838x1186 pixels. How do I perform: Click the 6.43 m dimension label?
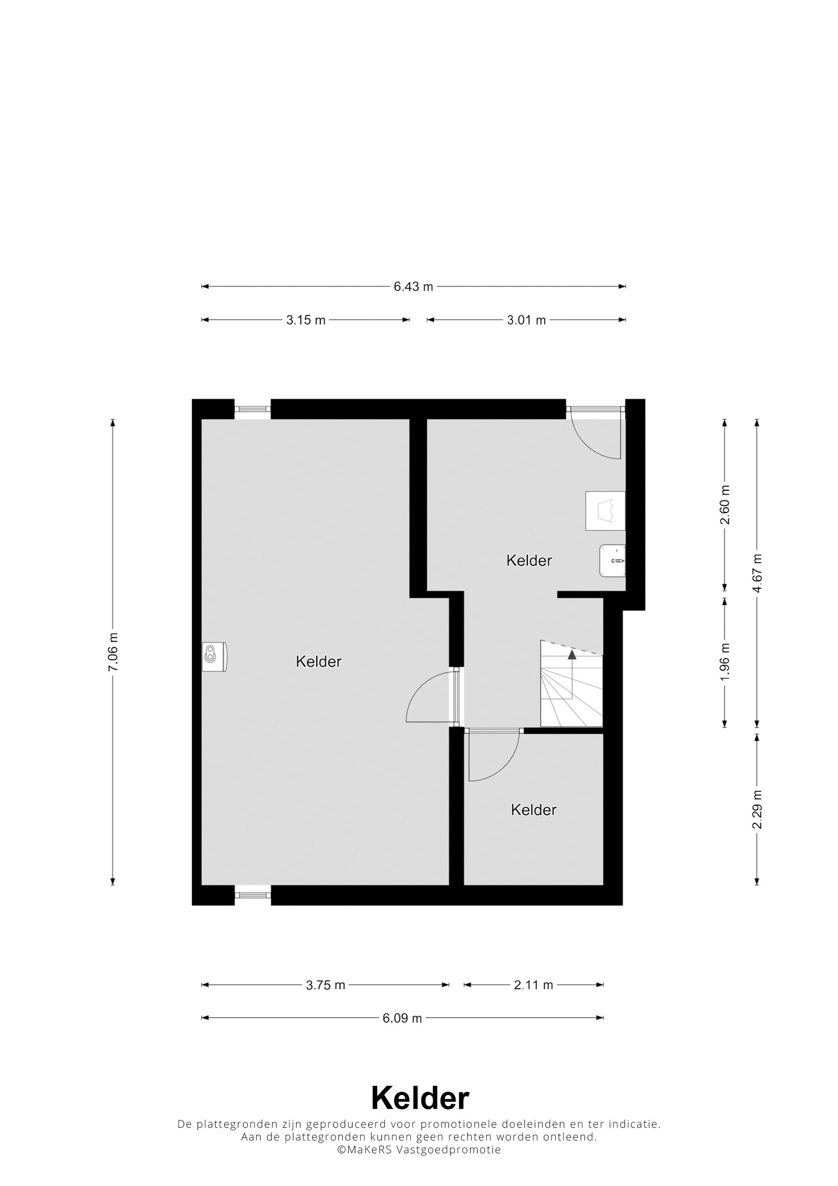pyautogui.click(x=413, y=287)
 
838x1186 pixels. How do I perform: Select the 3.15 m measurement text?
pyautogui.click(x=306, y=320)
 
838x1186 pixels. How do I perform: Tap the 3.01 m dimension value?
pyautogui.click(x=526, y=320)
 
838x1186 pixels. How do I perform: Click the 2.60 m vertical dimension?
pyautogui.click(x=725, y=505)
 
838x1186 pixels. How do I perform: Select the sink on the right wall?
pyautogui.click(x=612, y=560)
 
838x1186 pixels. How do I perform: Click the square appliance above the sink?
pyautogui.click(x=605, y=510)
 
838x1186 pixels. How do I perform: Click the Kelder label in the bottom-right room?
pyautogui.click(x=533, y=810)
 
